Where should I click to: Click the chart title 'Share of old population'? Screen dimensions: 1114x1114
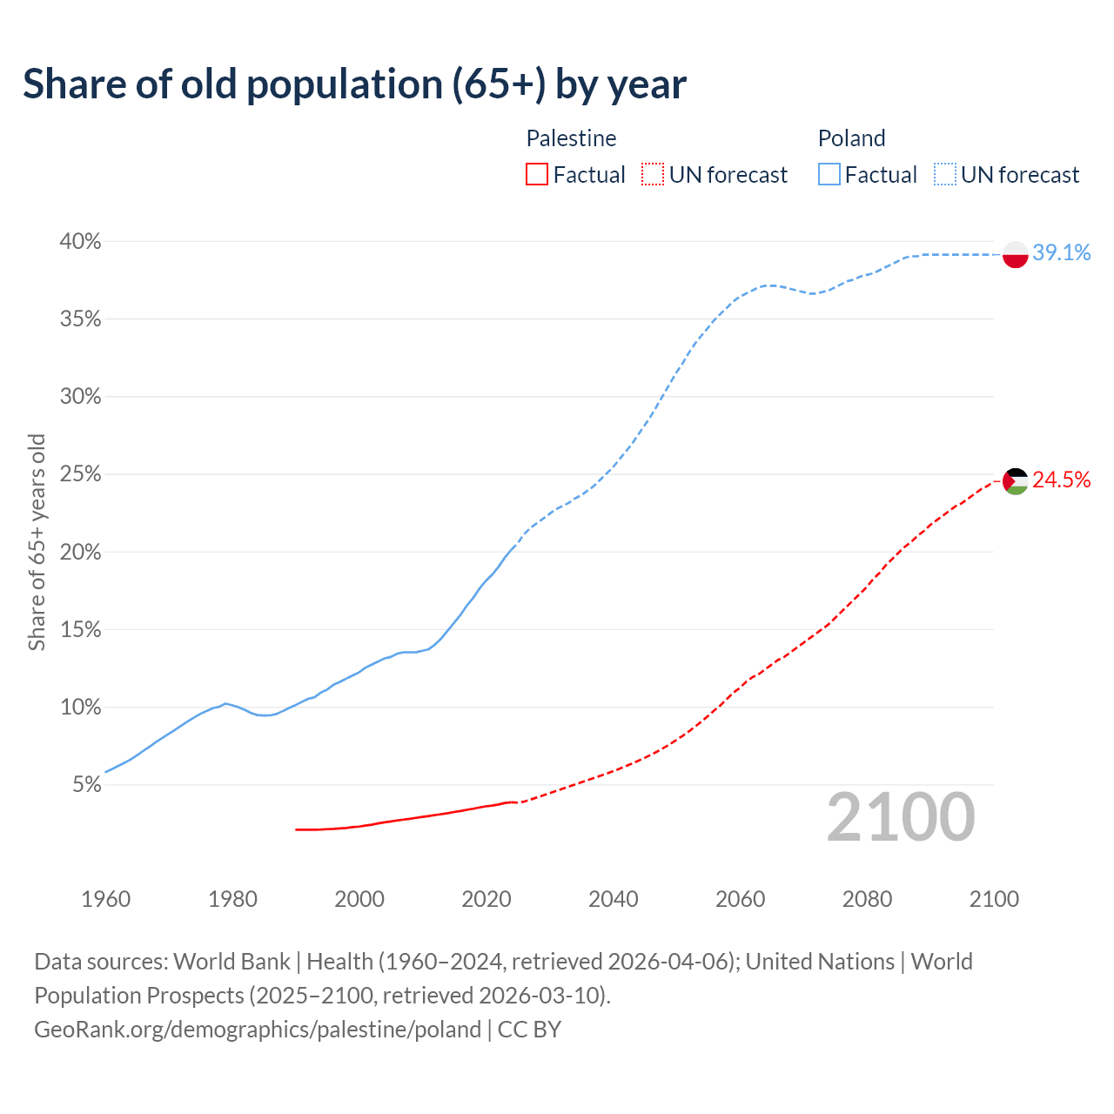pyautogui.click(x=354, y=84)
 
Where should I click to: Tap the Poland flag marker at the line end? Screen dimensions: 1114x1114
pyautogui.click(x=1015, y=254)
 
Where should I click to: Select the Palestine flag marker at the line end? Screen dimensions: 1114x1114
pyautogui.click(x=1015, y=480)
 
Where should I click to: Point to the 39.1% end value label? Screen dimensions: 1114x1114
pyautogui.click(x=1061, y=253)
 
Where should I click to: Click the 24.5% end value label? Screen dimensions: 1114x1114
pyautogui.click(x=1061, y=480)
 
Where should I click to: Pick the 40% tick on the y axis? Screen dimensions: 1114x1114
pyautogui.click(x=80, y=242)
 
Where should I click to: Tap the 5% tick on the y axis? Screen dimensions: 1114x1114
pyautogui.click(x=85, y=785)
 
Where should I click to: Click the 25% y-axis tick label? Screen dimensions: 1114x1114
pyautogui.click(x=80, y=475)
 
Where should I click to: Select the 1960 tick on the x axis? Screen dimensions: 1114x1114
pyautogui.click(x=105, y=899)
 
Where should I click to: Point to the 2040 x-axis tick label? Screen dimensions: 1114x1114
pyautogui.click(x=613, y=899)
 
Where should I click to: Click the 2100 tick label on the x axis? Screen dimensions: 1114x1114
pyautogui.click(x=993, y=899)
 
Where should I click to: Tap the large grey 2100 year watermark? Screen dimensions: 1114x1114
pyautogui.click(x=900, y=817)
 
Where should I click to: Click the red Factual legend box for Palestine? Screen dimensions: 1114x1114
pyautogui.click(x=537, y=175)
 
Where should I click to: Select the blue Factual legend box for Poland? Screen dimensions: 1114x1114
pyautogui.click(x=829, y=175)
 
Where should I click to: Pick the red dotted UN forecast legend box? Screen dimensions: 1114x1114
pyautogui.click(x=653, y=175)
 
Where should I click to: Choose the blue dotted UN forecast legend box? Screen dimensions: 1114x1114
pyautogui.click(x=944, y=175)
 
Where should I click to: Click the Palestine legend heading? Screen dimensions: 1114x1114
pyautogui.click(x=571, y=138)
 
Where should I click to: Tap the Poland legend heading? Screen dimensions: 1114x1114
pyautogui.click(x=851, y=138)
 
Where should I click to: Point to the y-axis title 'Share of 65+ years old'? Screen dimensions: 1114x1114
pyautogui.click(x=37, y=542)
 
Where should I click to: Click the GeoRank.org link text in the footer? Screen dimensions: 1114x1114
pyautogui.click(x=257, y=1030)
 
